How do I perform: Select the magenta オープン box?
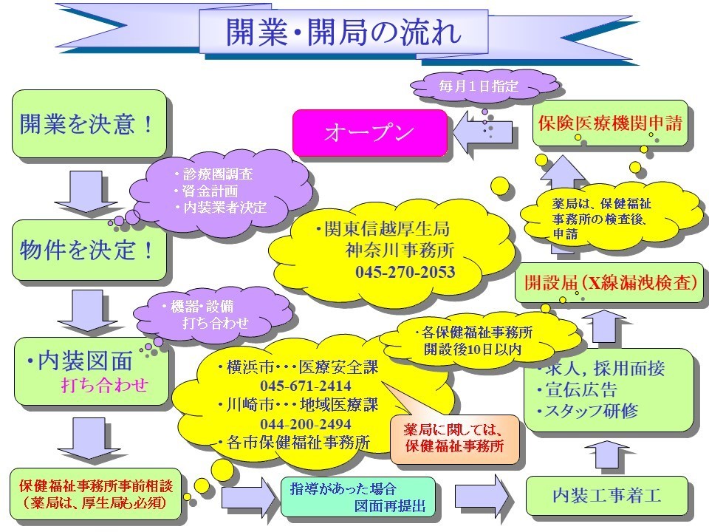[x=369, y=132]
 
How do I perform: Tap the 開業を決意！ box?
[x=88, y=124]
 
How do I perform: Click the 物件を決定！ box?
[x=88, y=250]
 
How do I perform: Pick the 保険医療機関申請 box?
[x=609, y=123]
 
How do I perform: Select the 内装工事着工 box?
[x=606, y=495]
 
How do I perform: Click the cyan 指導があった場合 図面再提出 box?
[x=357, y=497]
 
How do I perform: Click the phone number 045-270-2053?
[x=405, y=273]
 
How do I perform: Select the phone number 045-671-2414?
[x=305, y=386]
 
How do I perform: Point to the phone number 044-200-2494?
[x=305, y=424]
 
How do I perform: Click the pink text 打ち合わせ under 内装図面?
[x=104, y=385]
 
